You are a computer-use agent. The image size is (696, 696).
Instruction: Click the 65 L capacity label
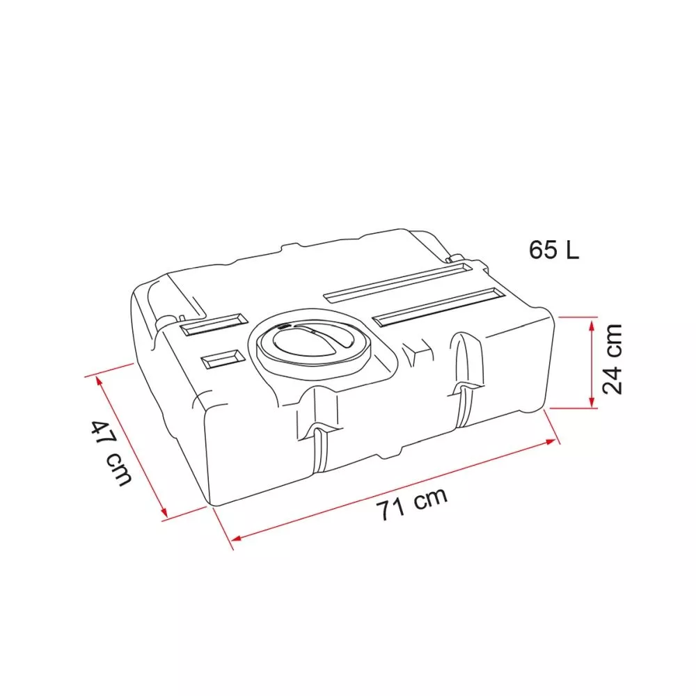click(x=553, y=250)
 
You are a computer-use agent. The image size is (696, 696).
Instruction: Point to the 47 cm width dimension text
click(x=111, y=452)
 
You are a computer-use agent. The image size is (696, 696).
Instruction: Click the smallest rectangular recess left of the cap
click(x=223, y=359)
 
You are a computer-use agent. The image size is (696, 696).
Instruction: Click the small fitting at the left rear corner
click(x=166, y=320)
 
